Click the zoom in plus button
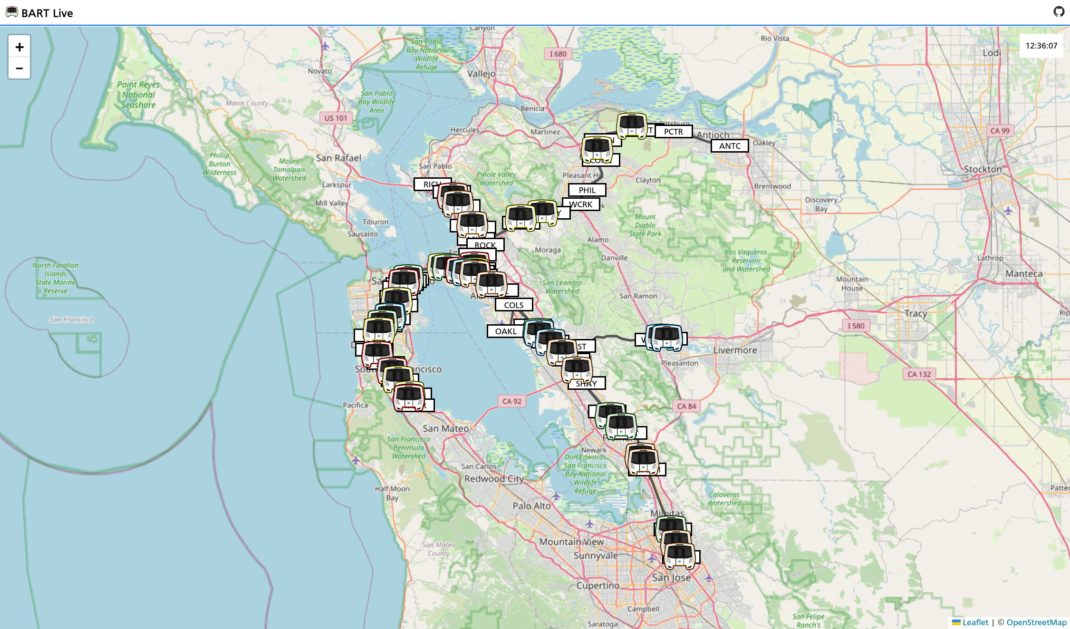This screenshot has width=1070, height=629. pyautogui.click(x=19, y=47)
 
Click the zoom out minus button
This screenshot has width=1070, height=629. pyautogui.click(x=19, y=68)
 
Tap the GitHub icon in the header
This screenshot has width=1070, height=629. pyautogui.click(x=1059, y=12)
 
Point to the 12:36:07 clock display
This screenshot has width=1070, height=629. pyautogui.click(x=1041, y=46)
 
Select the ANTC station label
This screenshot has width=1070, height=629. pyautogui.click(x=730, y=146)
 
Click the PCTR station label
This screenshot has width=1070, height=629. pyautogui.click(x=673, y=132)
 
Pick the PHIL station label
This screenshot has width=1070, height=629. pyautogui.click(x=587, y=190)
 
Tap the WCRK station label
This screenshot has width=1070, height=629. pyautogui.click(x=581, y=204)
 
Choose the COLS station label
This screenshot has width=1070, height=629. pyautogui.click(x=513, y=305)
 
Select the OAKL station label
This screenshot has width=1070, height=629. pyautogui.click(x=505, y=331)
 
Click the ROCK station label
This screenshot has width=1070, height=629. pyautogui.click(x=485, y=245)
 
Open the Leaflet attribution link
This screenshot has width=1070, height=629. pyautogui.click(x=975, y=622)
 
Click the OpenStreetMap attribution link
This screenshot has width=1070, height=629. pyautogui.click(x=1036, y=622)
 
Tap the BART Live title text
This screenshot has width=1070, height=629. pyautogui.click(x=47, y=13)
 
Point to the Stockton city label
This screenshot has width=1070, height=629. pyautogui.click(x=983, y=169)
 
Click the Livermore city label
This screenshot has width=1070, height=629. pyautogui.click(x=735, y=350)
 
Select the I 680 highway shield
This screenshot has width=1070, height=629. pyautogui.click(x=558, y=54)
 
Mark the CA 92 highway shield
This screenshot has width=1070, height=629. pyautogui.click(x=512, y=401)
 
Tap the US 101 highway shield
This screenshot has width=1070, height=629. pyautogui.click(x=336, y=118)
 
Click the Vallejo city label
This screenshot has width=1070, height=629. pyautogui.click(x=481, y=74)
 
